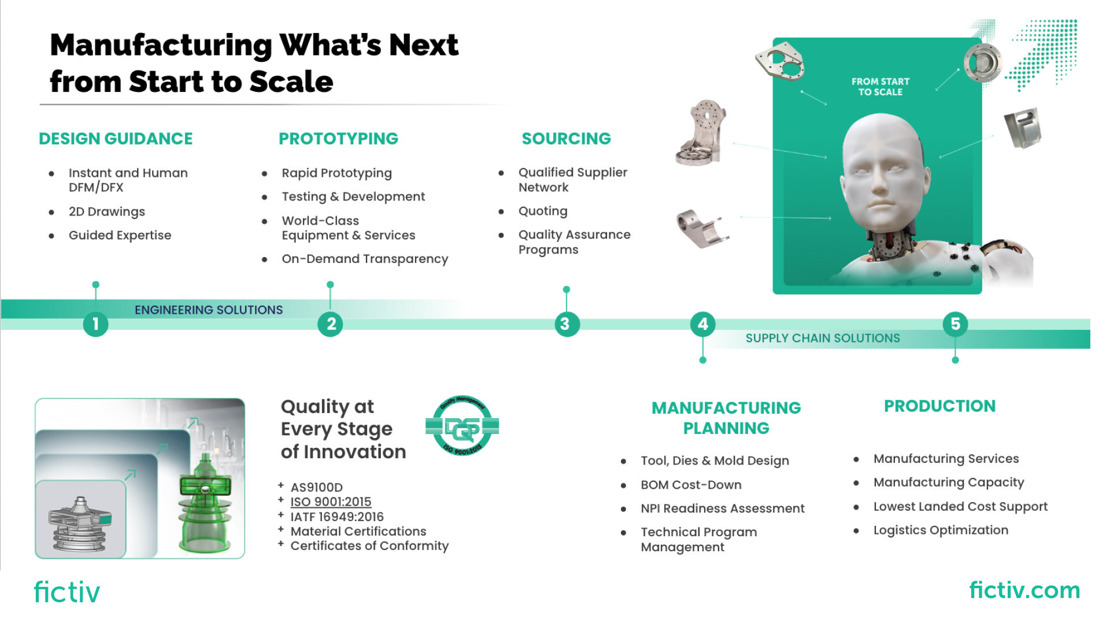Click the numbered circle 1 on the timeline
[x=96, y=324]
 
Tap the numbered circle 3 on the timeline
[x=567, y=324]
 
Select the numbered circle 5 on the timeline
[x=955, y=324]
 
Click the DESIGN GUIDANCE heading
[x=116, y=139]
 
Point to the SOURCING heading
[x=566, y=139]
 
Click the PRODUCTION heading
[x=939, y=406]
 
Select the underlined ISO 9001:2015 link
[x=331, y=502]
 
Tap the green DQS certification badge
[x=462, y=426]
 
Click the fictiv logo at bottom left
[x=67, y=592]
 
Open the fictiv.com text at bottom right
[x=1024, y=590]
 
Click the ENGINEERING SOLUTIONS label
[x=209, y=310]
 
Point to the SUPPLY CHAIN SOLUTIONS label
[x=823, y=338]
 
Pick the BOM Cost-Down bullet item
[x=691, y=485]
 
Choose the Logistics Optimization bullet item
[x=941, y=530]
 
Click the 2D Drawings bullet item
[x=107, y=211]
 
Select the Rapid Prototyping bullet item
[x=336, y=173]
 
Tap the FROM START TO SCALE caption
[x=880, y=87]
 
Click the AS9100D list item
[x=316, y=488]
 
